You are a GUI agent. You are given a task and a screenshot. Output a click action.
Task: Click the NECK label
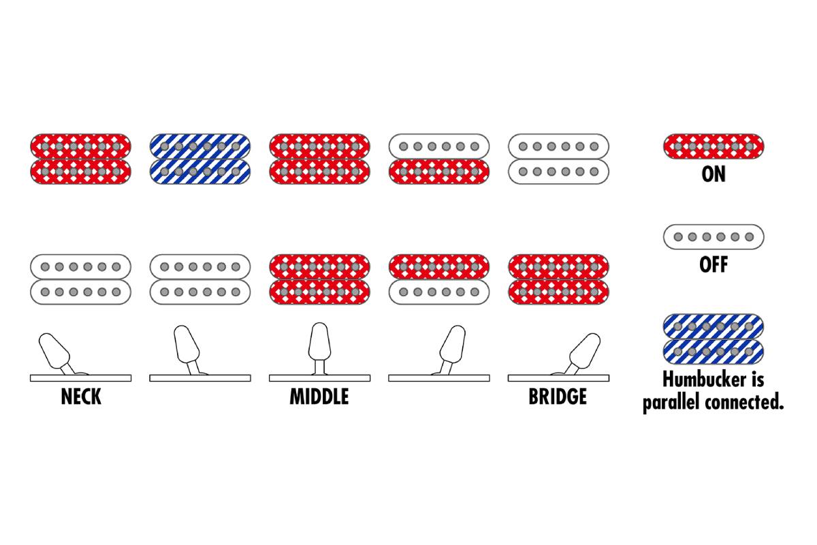(x=81, y=396)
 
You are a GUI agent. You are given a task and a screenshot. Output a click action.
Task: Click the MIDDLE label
(x=319, y=396)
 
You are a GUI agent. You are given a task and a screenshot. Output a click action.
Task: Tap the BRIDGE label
(x=558, y=396)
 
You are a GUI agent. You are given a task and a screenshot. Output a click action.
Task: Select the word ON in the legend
(x=714, y=174)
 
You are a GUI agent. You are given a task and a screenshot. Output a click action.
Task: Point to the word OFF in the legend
(x=714, y=264)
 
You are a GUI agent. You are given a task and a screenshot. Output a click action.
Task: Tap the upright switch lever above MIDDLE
(x=319, y=348)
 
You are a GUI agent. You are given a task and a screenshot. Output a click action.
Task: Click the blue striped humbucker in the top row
(x=200, y=159)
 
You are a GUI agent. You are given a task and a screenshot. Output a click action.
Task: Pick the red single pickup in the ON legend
(x=714, y=146)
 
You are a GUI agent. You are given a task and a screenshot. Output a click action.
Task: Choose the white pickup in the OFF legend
(x=714, y=237)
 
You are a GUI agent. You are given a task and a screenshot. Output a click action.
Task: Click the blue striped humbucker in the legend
(x=714, y=339)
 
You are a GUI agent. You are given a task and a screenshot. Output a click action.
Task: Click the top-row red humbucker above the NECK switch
(x=80, y=159)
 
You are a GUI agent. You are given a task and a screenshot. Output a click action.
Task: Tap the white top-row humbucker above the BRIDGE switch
(x=558, y=159)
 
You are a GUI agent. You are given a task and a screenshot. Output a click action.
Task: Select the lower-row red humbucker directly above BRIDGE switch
(x=558, y=279)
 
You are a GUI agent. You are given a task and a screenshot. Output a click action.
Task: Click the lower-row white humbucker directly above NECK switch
(x=80, y=279)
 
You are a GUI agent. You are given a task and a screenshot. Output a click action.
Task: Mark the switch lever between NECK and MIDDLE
(x=187, y=349)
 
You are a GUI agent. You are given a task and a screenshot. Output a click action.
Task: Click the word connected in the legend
(x=744, y=402)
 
